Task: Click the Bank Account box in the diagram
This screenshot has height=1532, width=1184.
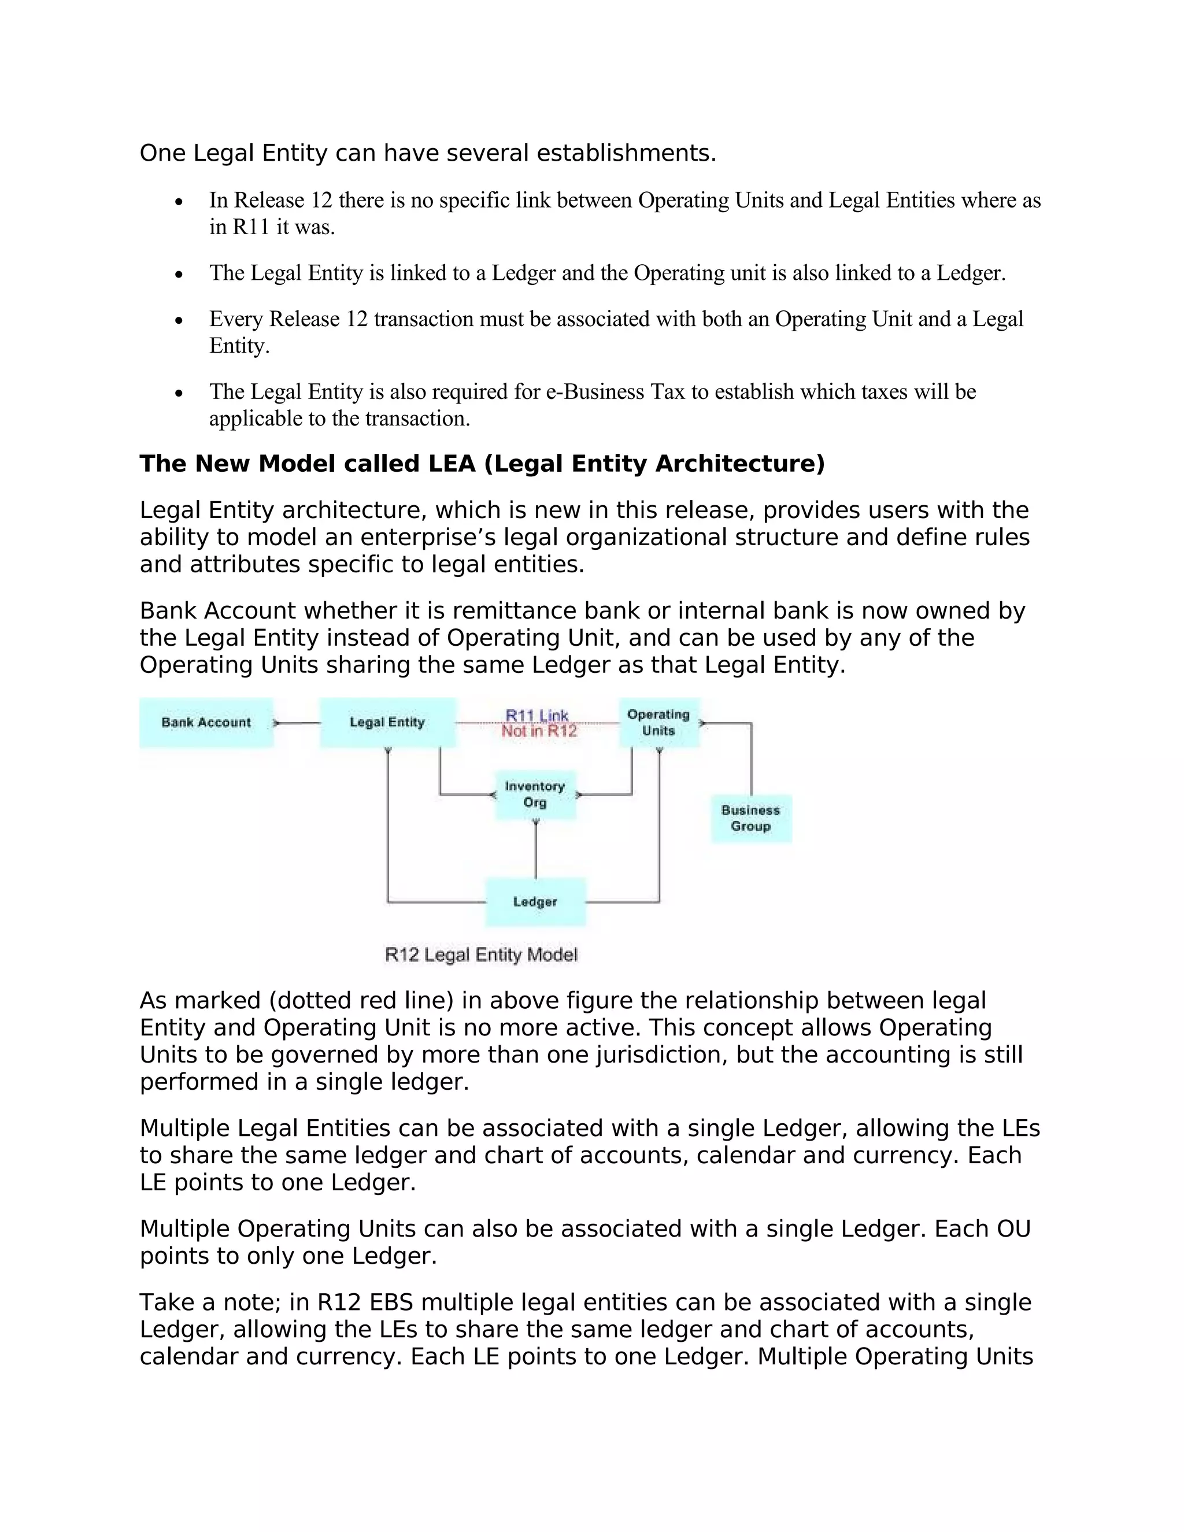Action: tap(205, 723)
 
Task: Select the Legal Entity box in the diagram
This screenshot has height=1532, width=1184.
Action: tap(387, 723)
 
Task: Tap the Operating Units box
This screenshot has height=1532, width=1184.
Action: tap(658, 723)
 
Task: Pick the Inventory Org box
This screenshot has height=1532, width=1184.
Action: tap(535, 795)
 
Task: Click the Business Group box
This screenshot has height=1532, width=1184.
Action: tap(750, 818)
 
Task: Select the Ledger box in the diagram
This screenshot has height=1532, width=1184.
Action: tap(535, 902)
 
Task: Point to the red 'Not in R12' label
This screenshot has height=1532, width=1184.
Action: tap(539, 732)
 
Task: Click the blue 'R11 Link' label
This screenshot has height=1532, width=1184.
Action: tap(536, 715)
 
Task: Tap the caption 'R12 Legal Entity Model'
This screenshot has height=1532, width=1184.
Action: tap(481, 954)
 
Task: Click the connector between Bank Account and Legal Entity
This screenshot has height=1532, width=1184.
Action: tap(297, 723)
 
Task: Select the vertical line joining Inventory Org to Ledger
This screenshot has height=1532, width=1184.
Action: tap(536, 850)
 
